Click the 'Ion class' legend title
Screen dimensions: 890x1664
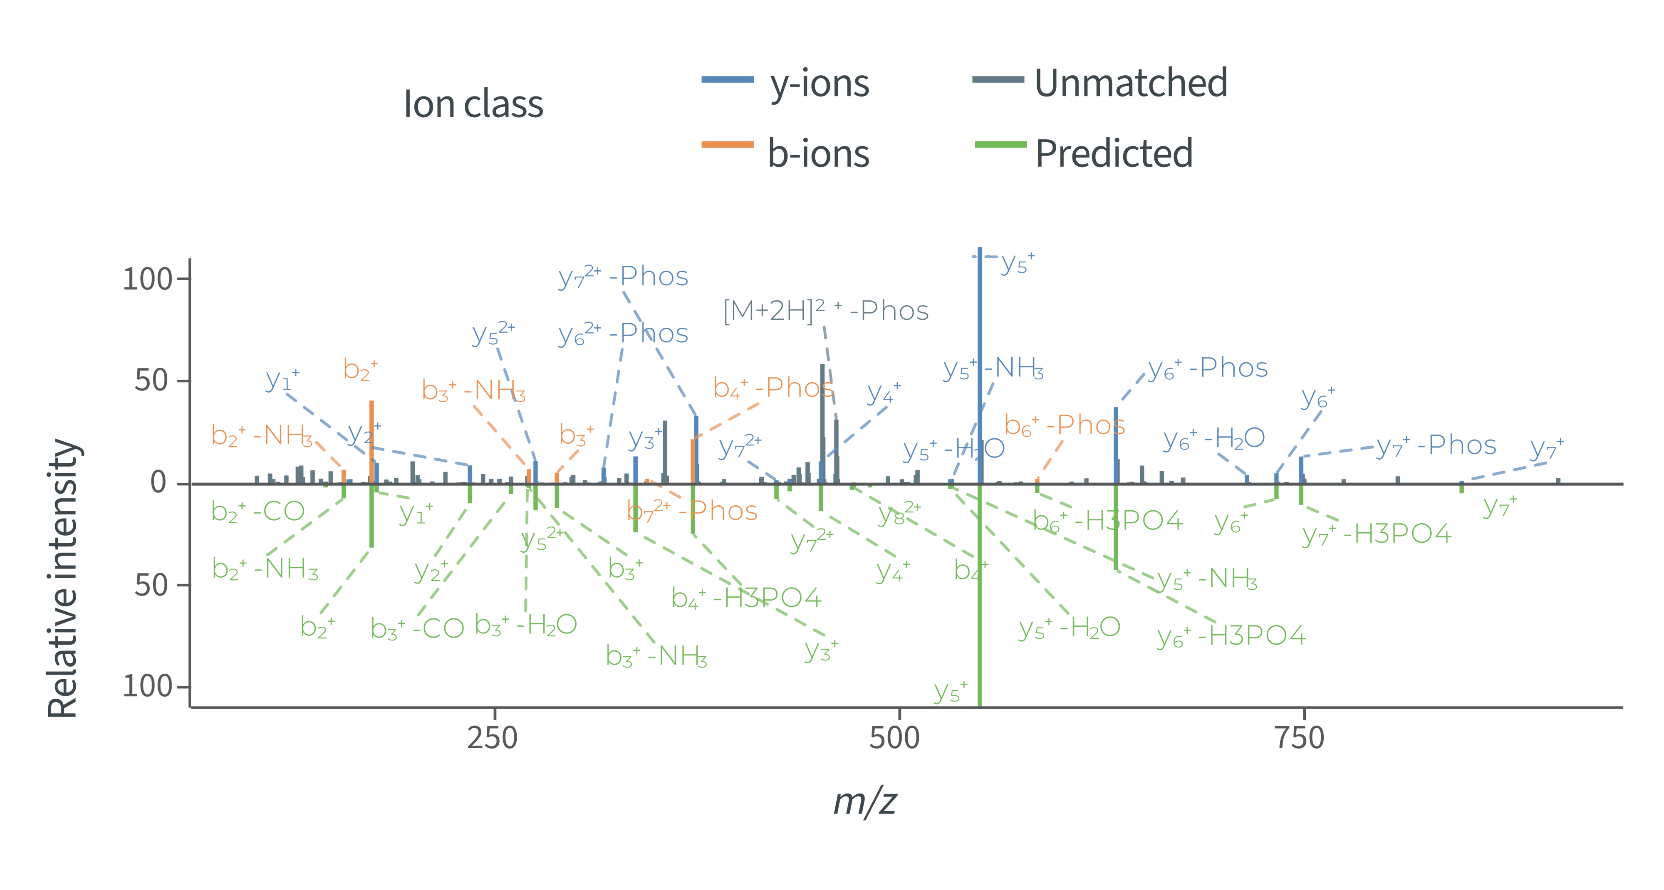473,104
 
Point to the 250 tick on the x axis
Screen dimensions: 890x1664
493,737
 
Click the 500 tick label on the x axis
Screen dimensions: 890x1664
894,737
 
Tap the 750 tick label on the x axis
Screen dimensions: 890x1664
1300,737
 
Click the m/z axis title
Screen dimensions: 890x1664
865,801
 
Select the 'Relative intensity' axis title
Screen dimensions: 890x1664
63,578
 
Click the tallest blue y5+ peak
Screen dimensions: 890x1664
980,362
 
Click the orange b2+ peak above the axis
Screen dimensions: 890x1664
371,439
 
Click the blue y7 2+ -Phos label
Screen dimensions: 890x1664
623,277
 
